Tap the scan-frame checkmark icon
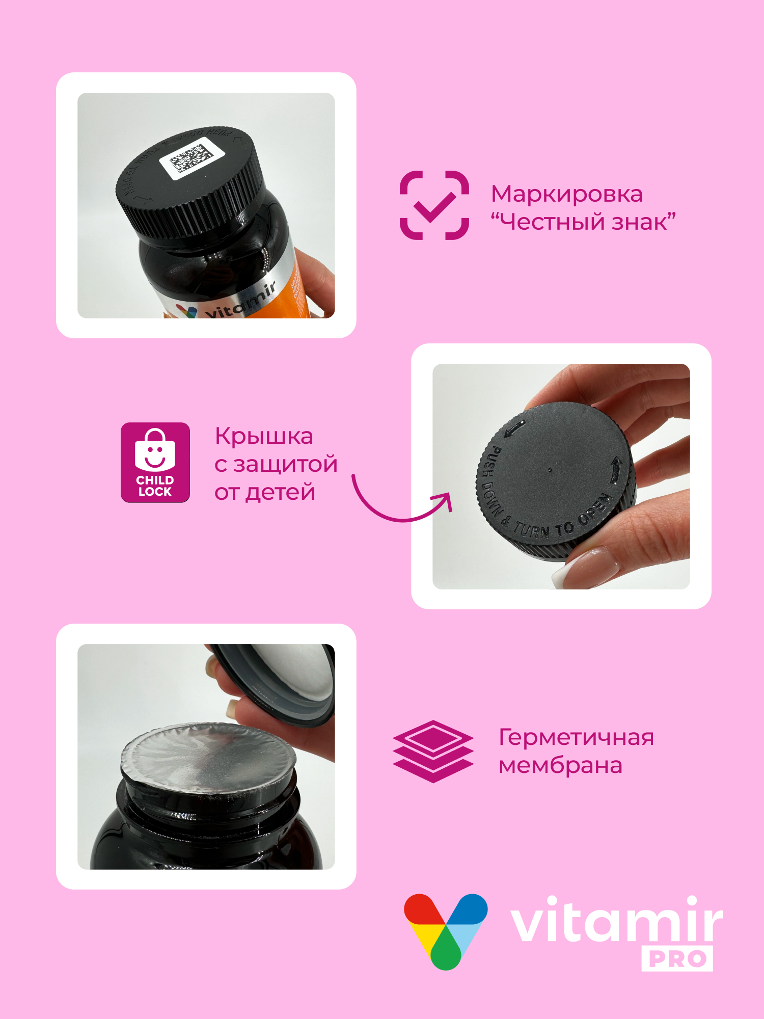pyautogui.click(x=434, y=205)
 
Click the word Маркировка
pyautogui.click(x=566, y=194)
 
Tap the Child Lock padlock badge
pyautogui.click(x=155, y=462)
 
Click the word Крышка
pyautogui.click(x=264, y=436)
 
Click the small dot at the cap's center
pyautogui.click(x=550, y=470)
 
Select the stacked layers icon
pyautogui.click(x=433, y=751)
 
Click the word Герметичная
pyautogui.click(x=576, y=737)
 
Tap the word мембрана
pyautogui.click(x=560, y=765)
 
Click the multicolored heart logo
pyautogui.click(x=446, y=930)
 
